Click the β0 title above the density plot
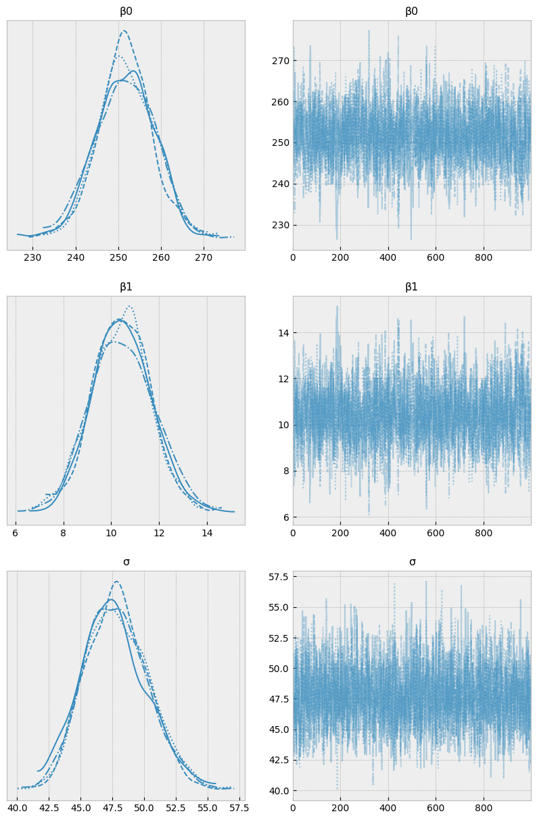pyautogui.click(x=126, y=11)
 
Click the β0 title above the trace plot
pyautogui.click(x=411, y=11)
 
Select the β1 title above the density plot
pyautogui.click(x=126, y=287)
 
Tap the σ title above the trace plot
pyautogui.click(x=412, y=562)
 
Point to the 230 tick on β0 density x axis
pyautogui.click(x=32, y=258)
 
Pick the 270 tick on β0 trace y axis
pyautogui.click(x=281, y=61)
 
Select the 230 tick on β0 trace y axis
pyautogui.click(x=281, y=225)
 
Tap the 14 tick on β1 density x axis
pyautogui.click(x=207, y=532)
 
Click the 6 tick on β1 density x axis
pyautogui.click(x=16, y=532)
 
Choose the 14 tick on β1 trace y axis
pyautogui.click(x=283, y=332)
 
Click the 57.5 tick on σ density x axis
pyautogui.click(x=239, y=807)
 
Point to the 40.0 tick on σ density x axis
pyautogui.click(x=17, y=807)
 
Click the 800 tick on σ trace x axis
pyautogui.click(x=484, y=807)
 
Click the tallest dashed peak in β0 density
pyautogui.click(x=123, y=30)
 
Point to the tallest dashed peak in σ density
pyautogui.click(x=116, y=582)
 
